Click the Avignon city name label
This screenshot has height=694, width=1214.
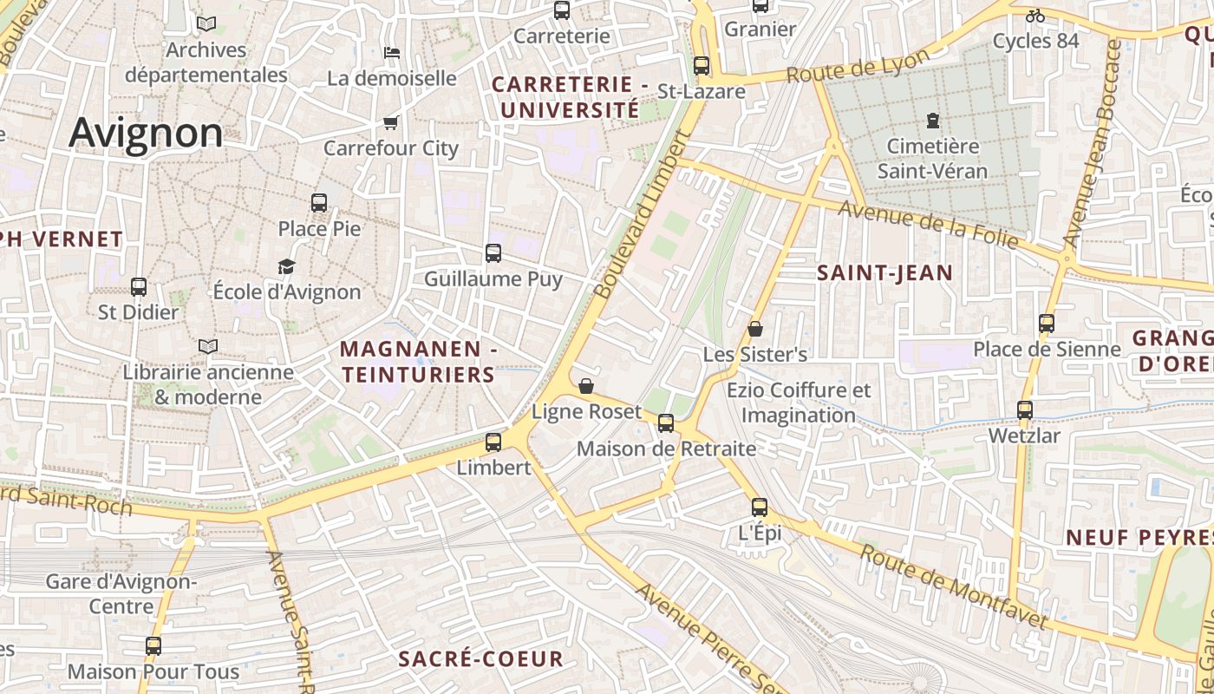click(146, 133)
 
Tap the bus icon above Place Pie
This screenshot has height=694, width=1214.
click(319, 203)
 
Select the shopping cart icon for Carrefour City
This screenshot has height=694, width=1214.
click(390, 122)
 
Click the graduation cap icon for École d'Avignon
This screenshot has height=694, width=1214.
click(287, 266)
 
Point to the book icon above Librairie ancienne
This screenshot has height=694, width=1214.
click(208, 346)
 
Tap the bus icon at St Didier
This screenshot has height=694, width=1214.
click(139, 286)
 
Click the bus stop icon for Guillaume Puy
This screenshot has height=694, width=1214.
click(493, 253)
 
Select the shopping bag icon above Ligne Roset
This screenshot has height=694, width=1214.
click(586, 386)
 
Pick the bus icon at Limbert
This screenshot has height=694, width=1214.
click(493, 442)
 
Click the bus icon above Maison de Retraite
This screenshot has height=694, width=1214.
click(666, 423)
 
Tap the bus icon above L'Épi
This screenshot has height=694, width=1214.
click(760, 507)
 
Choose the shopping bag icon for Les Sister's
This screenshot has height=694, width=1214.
click(755, 329)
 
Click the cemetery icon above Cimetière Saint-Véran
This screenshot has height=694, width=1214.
click(933, 121)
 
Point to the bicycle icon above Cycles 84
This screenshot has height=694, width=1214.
click(1035, 16)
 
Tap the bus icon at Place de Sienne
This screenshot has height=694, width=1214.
click(1047, 324)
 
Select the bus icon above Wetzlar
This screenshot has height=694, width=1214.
click(1025, 409)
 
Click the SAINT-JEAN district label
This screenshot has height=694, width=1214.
click(885, 273)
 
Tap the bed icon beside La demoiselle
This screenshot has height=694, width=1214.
click(392, 52)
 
